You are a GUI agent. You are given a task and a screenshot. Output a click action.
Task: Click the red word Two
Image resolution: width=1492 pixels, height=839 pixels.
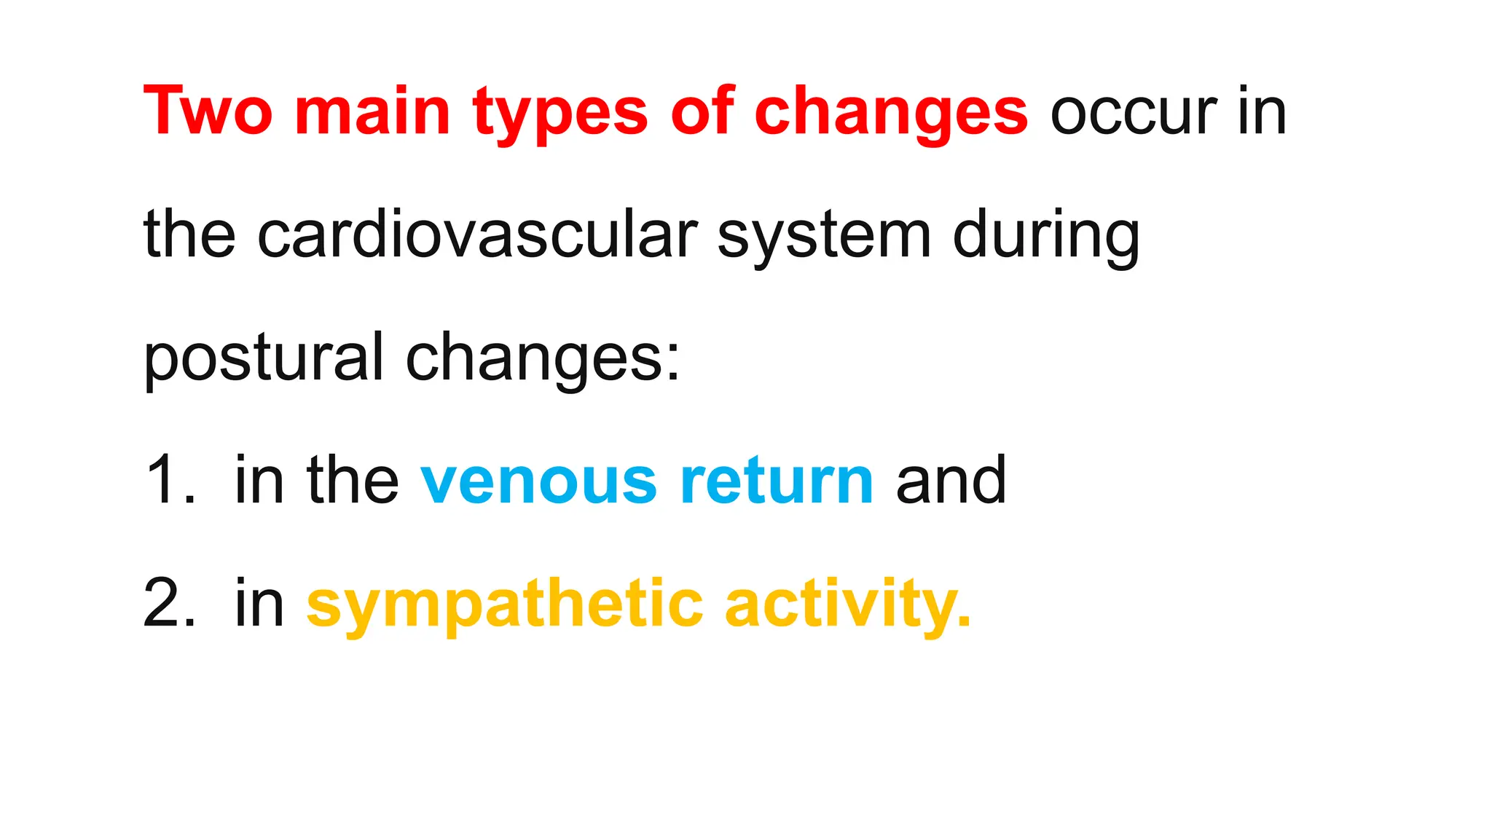click(x=208, y=111)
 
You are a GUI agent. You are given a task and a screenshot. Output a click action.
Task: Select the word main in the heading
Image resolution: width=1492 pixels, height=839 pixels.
click(x=372, y=111)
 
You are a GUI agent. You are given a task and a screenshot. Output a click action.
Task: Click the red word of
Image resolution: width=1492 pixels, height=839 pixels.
click(x=702, y=111)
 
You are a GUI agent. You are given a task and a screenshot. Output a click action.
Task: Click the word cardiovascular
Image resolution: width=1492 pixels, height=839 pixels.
click(x=477, y=235)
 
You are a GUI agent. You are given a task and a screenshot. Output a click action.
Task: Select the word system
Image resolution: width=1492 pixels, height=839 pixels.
click(x=824, y=236)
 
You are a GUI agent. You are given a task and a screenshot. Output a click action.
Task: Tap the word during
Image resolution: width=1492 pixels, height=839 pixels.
click(x=1045, y=236)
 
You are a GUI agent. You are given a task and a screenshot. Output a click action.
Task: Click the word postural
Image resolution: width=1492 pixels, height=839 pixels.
click(x=263, y=358)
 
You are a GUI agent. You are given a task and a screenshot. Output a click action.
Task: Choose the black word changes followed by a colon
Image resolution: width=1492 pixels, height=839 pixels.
click(x=542, y=358)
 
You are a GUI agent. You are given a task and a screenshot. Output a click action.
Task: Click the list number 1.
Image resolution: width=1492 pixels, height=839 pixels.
click(x=169, y=480)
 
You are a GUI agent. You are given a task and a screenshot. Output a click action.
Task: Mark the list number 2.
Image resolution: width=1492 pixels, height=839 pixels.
click(x=169, y=603)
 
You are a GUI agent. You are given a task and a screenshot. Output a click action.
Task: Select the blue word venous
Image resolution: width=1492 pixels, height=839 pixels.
click(x=538, y=481)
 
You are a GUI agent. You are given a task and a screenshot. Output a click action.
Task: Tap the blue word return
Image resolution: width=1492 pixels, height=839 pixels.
click(x=776, y=480)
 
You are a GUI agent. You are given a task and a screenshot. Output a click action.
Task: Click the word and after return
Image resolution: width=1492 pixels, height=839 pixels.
click(x=951, y=480)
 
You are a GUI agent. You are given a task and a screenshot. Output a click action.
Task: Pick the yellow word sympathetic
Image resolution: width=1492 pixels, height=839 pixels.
click(x=504, y=604)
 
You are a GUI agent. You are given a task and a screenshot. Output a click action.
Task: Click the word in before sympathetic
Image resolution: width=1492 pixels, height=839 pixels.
click(x=259, y=603)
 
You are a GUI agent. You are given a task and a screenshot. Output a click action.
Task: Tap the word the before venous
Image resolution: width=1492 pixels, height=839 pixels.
click(x=353, y=480)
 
